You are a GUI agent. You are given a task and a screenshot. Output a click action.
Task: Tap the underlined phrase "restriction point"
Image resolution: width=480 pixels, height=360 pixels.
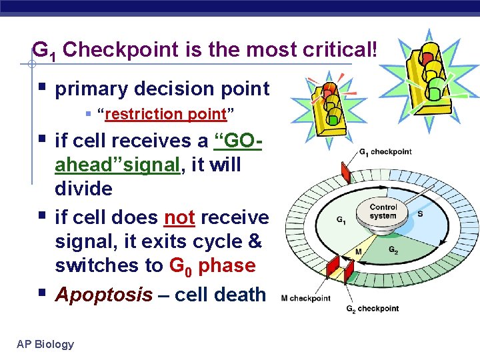166,114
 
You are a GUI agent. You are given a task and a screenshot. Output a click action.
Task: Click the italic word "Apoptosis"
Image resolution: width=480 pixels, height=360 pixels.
103,295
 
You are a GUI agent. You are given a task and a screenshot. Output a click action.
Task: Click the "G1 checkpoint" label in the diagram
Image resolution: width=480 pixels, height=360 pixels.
385,151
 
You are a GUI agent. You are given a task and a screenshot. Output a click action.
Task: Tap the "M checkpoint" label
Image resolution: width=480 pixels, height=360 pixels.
306,298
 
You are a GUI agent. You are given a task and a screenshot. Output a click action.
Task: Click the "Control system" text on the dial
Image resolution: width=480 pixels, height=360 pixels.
383,211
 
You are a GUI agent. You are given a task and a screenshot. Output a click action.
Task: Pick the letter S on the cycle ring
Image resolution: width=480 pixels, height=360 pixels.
420,214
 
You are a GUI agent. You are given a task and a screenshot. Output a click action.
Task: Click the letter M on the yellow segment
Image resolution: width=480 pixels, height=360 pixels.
359,252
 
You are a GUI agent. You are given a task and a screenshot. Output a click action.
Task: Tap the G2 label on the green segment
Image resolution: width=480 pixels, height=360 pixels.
395,249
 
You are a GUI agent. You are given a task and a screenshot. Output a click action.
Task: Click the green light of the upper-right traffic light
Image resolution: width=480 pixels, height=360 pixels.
436,85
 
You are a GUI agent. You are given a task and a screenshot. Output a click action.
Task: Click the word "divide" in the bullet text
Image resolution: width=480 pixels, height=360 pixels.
83,189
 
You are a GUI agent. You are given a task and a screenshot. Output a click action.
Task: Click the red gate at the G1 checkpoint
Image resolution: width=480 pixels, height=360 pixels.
345,173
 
